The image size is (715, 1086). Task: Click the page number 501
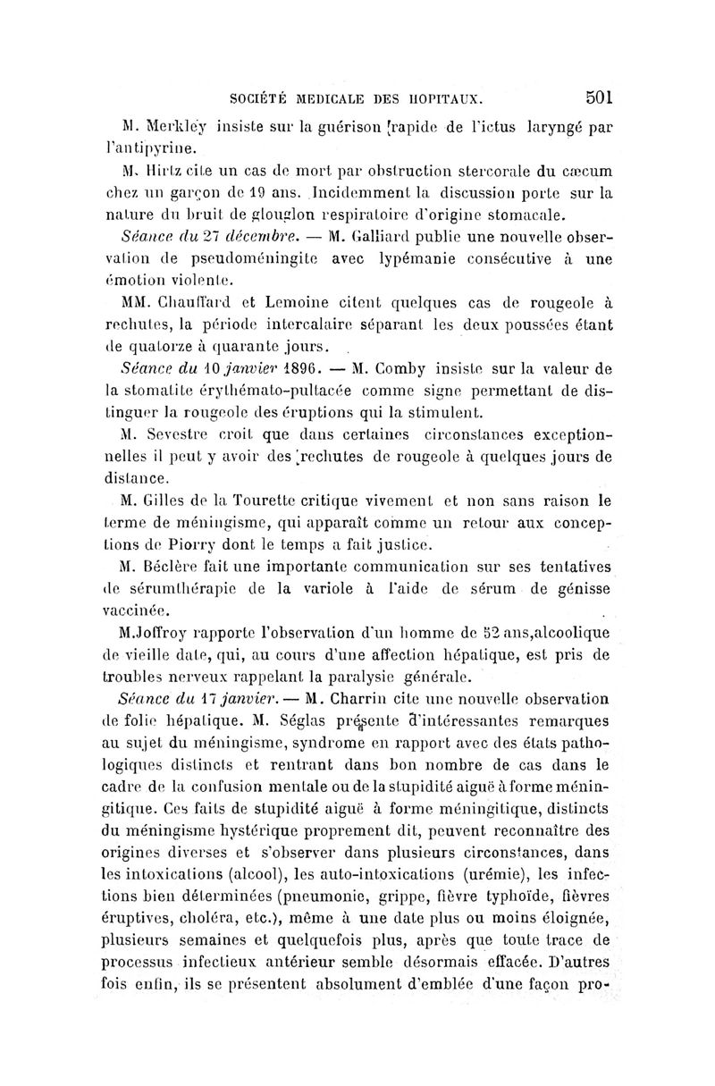(x=593, y=95)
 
